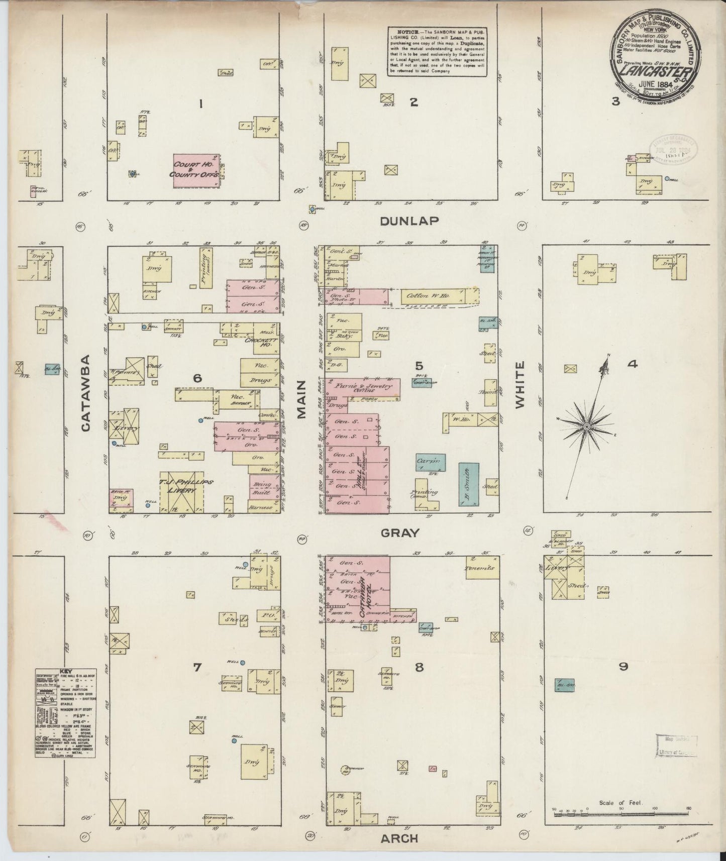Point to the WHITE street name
519,385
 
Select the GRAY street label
399,533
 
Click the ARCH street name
399,838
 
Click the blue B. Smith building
468,484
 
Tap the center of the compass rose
586,426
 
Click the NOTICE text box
438,51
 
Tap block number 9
623,667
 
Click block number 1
200,104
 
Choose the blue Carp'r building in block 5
430,462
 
